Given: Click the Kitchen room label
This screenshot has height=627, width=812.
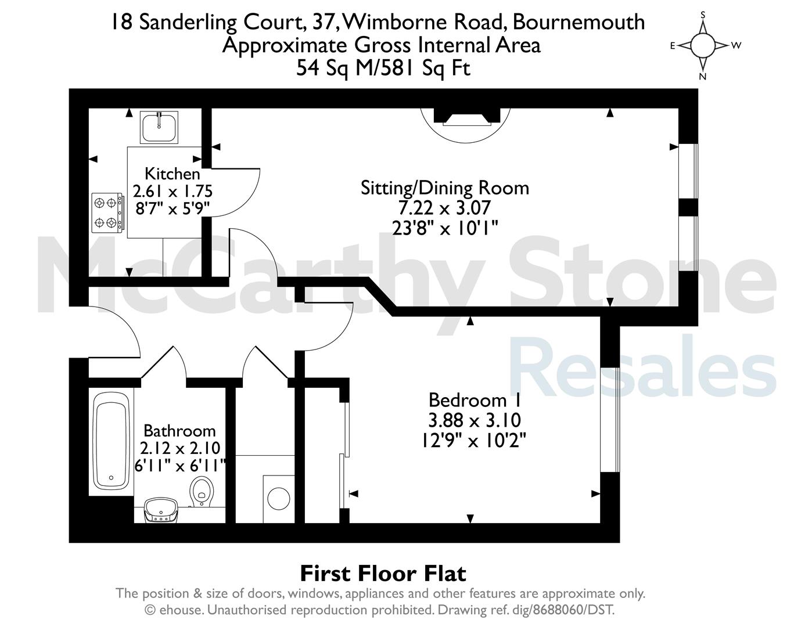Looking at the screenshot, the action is [x=173, y=174].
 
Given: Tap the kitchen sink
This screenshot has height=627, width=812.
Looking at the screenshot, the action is [x=159, y=127].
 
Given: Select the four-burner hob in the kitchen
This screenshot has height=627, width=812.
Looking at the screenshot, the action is [x=107, y=213].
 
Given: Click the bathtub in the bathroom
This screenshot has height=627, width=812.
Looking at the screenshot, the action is [x=111, y=442].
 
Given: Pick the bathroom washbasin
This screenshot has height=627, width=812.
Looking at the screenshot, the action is [x=161, y=509].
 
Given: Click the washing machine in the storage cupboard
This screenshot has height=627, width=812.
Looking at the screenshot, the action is [x=279, y=499].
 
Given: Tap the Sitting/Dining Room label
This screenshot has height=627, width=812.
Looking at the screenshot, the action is [x=445, y=188].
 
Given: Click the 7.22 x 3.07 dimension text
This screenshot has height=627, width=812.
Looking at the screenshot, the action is [x=445, y=208].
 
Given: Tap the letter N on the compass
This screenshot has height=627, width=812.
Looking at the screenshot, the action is [x=702, y=77].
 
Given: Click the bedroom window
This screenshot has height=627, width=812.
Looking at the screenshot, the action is [x=610, y=419].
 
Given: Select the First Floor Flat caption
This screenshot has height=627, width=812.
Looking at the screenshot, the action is [x=383, y=574].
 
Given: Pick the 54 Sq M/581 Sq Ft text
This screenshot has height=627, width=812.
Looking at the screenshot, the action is [x=383, y=68].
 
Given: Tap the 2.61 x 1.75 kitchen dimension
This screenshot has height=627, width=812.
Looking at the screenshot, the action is [x=173, y=192].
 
